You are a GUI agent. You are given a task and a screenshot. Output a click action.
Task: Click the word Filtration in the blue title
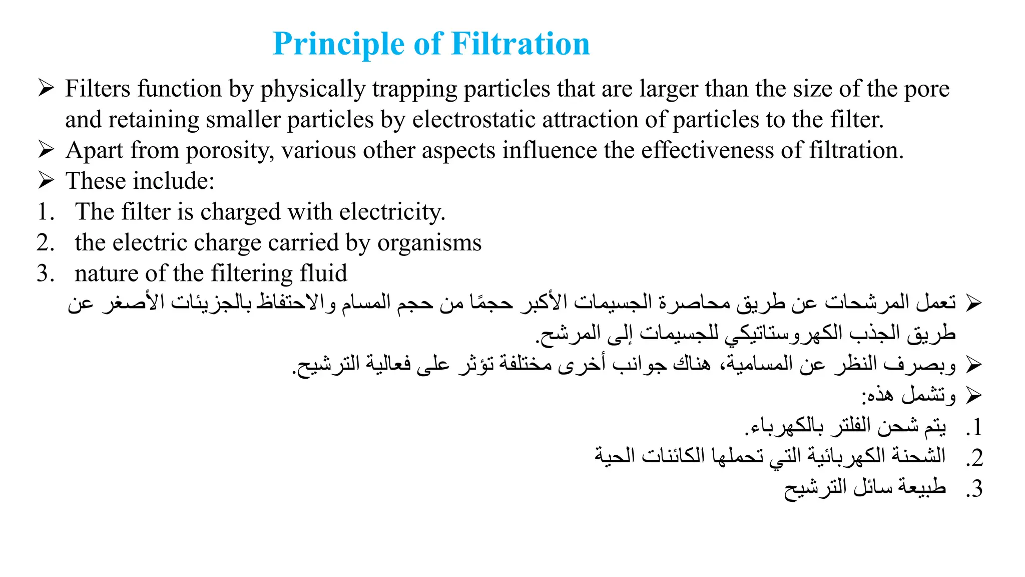(521, 44)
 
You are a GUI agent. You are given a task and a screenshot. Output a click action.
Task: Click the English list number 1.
(46, 212)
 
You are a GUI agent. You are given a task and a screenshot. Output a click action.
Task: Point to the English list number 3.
(46, 274)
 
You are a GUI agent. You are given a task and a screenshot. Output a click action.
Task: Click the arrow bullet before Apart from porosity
(46, 150)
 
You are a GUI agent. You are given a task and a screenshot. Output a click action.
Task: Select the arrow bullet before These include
(46, 180)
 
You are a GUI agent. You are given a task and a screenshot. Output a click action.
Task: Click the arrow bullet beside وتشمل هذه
(974, 396)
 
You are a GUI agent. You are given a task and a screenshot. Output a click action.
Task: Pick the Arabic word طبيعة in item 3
(921, 487)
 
